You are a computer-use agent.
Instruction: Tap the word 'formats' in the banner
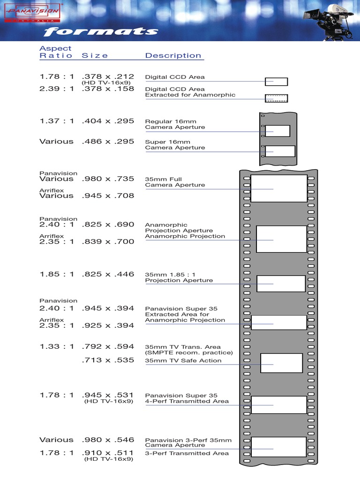pyautogui.click(x=101, y=32)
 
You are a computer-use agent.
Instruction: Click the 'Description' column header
pyautogui.click(x=173, y=55)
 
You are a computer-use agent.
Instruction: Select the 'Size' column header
pyautogui.click(x=95, y=55)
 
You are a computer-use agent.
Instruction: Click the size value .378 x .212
pyautogui.click(x=108, y=76)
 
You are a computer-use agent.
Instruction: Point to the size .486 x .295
pyautogui.click(x=108, y=141)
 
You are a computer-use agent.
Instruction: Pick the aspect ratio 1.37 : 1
pyautogui.click(x=57, y=121)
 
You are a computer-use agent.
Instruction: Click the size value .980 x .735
pyautogui.click(x=108, y=179)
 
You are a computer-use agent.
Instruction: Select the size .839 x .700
pyautogui.click(x=108, y=241)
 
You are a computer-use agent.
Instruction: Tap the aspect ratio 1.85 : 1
pyautogui.click(x=57, y=274)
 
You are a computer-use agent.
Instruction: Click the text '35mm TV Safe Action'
pyautogui.click(x=183, y=360)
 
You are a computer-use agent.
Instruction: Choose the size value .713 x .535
pyautogui.click(x=108, y=360)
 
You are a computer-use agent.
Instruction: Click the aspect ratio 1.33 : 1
pyautogui.click(x=57, y=347)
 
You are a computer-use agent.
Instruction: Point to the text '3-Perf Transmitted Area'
pyautogui.click(x=187, y=453)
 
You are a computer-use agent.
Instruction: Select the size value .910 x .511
pyautogui.click(x=108, y=453)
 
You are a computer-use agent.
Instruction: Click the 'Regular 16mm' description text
pyautogui.click(x=171, y=121)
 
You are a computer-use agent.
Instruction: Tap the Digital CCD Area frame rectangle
pyautogui.click(x=276, y=82)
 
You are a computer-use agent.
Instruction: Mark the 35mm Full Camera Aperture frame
pyautogui.click(x=279, y=188)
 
